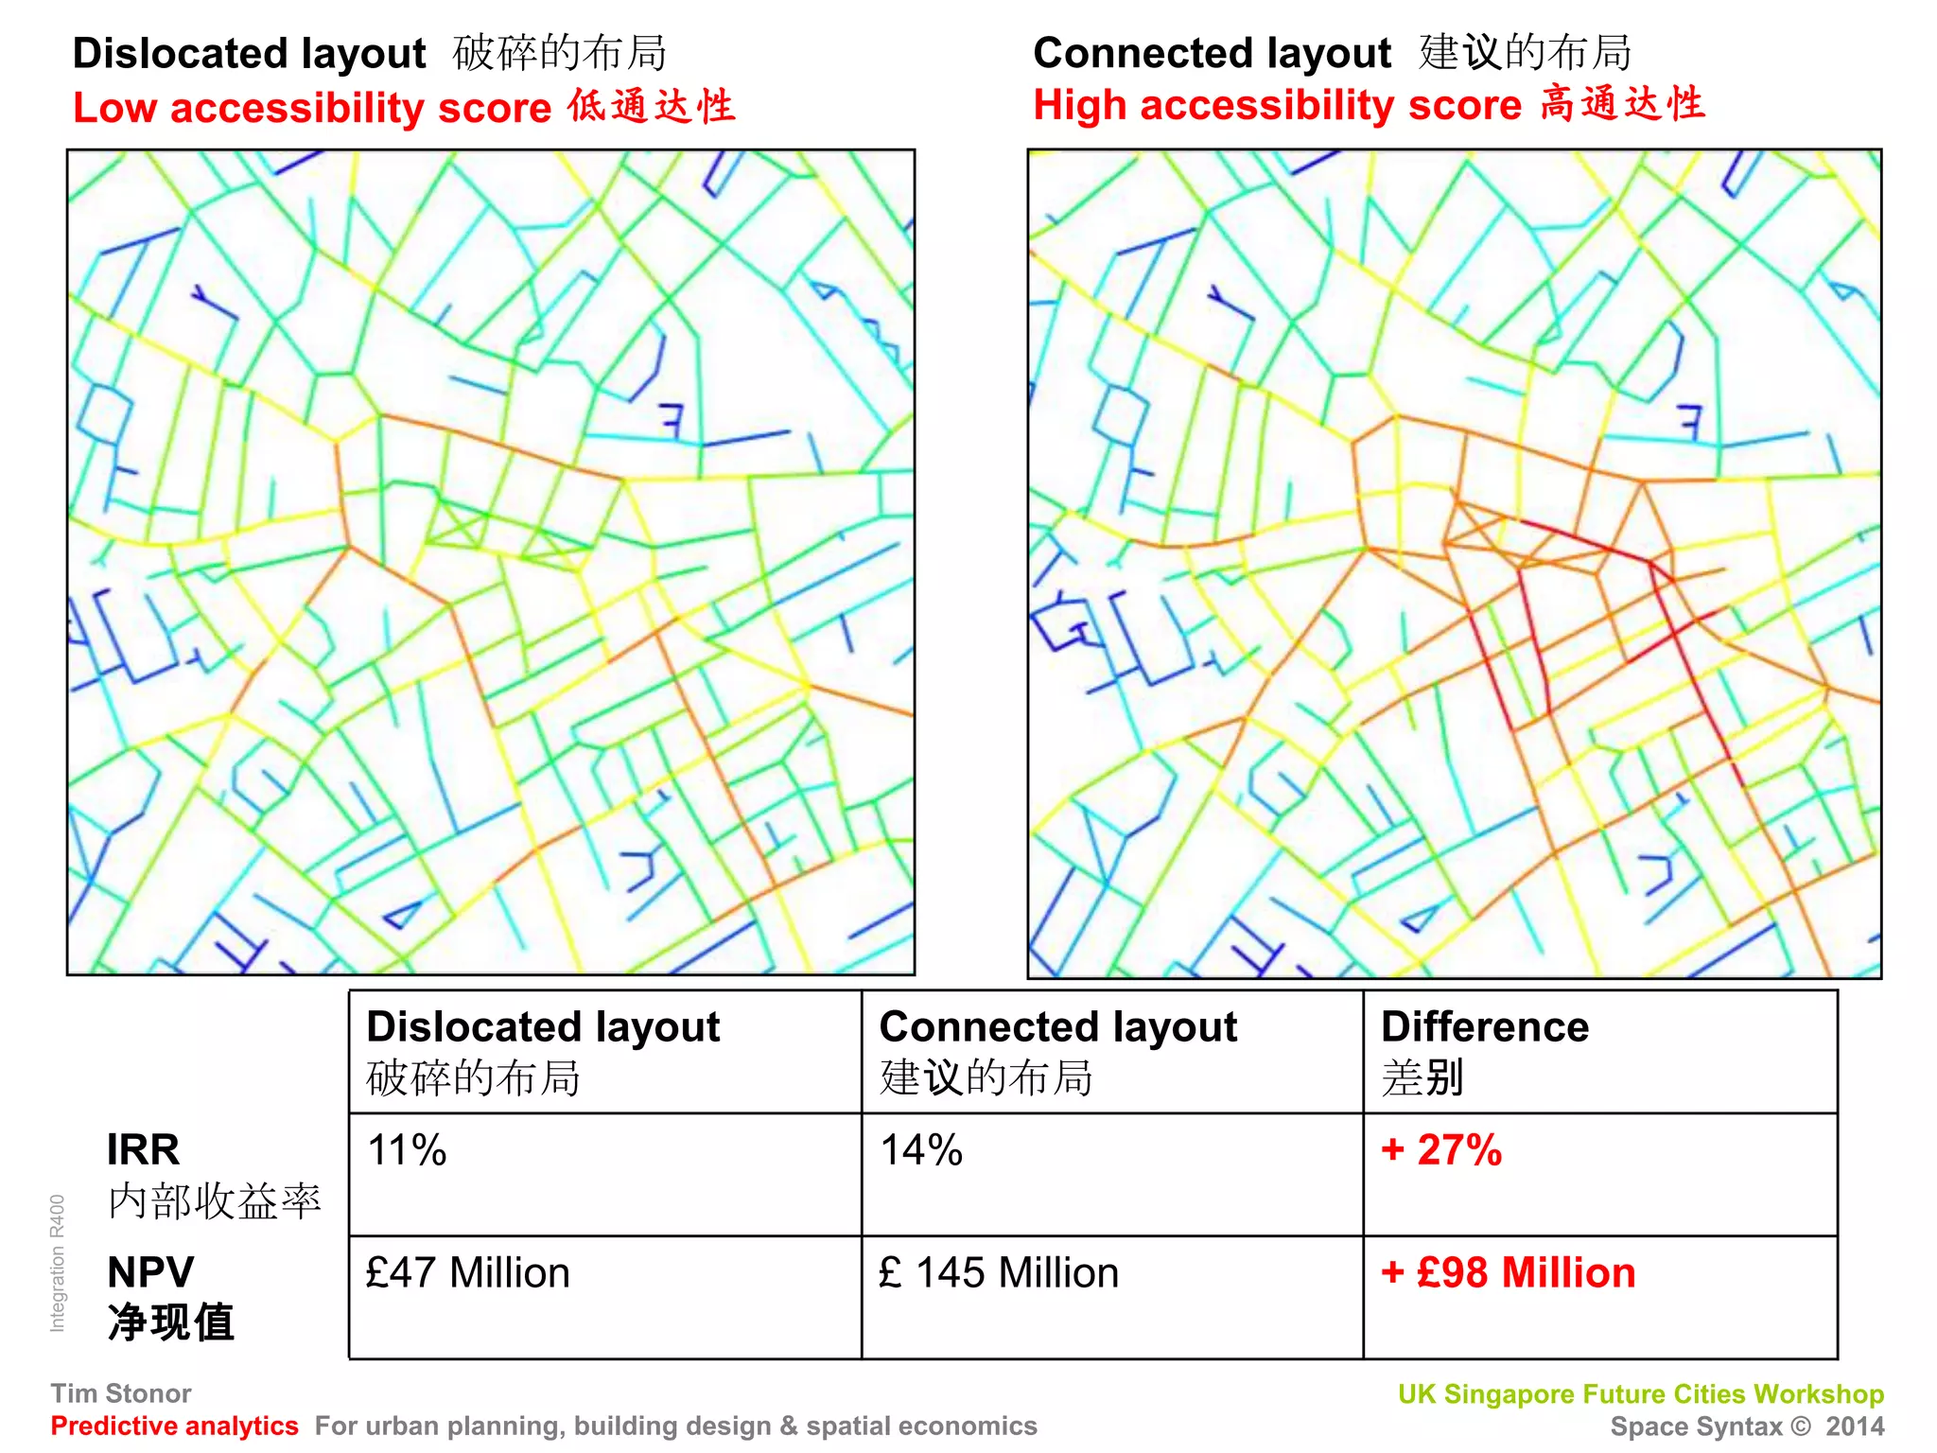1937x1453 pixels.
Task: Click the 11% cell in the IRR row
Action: click(x=407, y=1150)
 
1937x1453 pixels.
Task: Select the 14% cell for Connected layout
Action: click(x=921, y=1150)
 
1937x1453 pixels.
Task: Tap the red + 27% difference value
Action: click(x=1441, y=1150)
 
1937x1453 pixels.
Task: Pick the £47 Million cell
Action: click(x=468, y=1272)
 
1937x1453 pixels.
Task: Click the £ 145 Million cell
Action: click(x=999, y=1272)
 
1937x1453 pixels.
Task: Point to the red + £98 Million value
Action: click(x=1509, y=1272)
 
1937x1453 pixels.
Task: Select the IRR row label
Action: click(x=143, y=1150)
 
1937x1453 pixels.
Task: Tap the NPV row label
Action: click(x=150, y=1272)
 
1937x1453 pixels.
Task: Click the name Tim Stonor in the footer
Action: click(x=121, y=1393)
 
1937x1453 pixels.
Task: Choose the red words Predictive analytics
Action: click(x=174, y=1426)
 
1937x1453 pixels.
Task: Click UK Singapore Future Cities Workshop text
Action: click(x=1641, y=1394)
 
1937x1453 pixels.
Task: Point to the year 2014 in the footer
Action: click(x=1855, y=1427)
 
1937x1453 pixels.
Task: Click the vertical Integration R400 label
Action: click(x=58, y=1264)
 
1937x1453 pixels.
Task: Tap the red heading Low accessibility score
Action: click(x=312, y=108)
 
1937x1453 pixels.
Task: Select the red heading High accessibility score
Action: click(x=1277, y=105)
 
